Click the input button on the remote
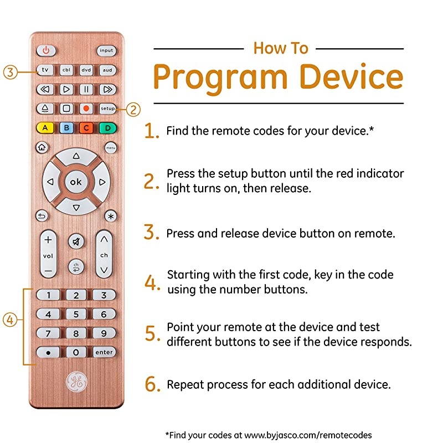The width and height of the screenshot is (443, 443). (x=107, y=51)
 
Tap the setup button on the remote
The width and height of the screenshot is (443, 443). (x=107, y=109)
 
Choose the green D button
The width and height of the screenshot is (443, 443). (x=107, y=128)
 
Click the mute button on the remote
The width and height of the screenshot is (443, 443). (x=76, y=241)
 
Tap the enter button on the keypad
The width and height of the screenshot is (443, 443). (x=104, y=352)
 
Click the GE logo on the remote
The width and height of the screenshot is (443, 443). (x=76, y=382)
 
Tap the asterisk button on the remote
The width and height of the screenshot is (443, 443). (x=110, y=216)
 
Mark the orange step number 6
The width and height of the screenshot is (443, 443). (x=152, y=384)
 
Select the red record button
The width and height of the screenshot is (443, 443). (x=87, y=109)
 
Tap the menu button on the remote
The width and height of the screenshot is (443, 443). (x=110, y=148)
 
